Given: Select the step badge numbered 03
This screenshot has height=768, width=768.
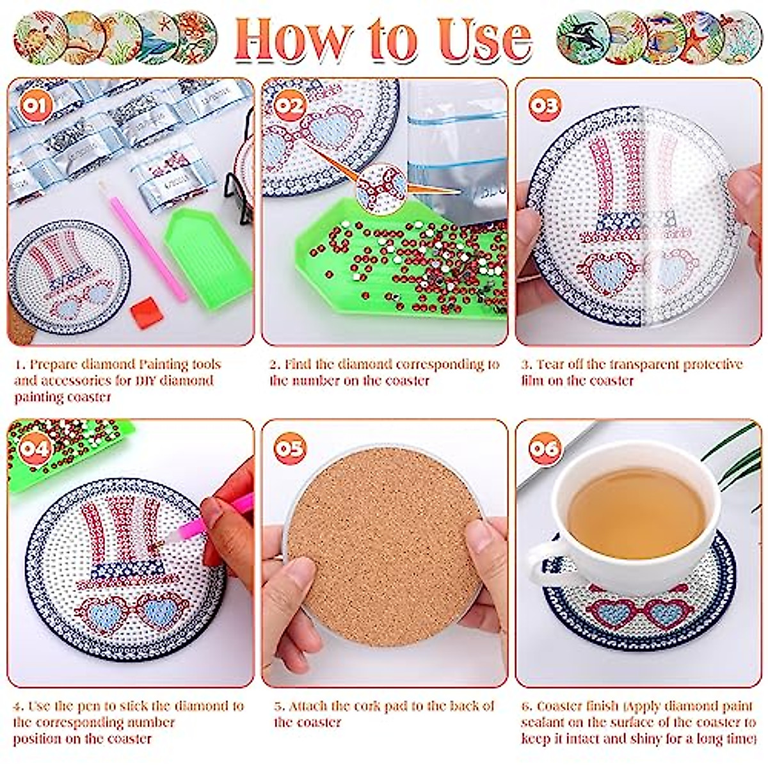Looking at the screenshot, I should [x=544, y=104].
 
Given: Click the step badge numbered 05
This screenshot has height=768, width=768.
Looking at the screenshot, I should [x=289, y=447].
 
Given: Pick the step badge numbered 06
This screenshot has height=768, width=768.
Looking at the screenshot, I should [x=544, y=447].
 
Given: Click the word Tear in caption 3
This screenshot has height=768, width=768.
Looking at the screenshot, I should [x=550, y=365].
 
